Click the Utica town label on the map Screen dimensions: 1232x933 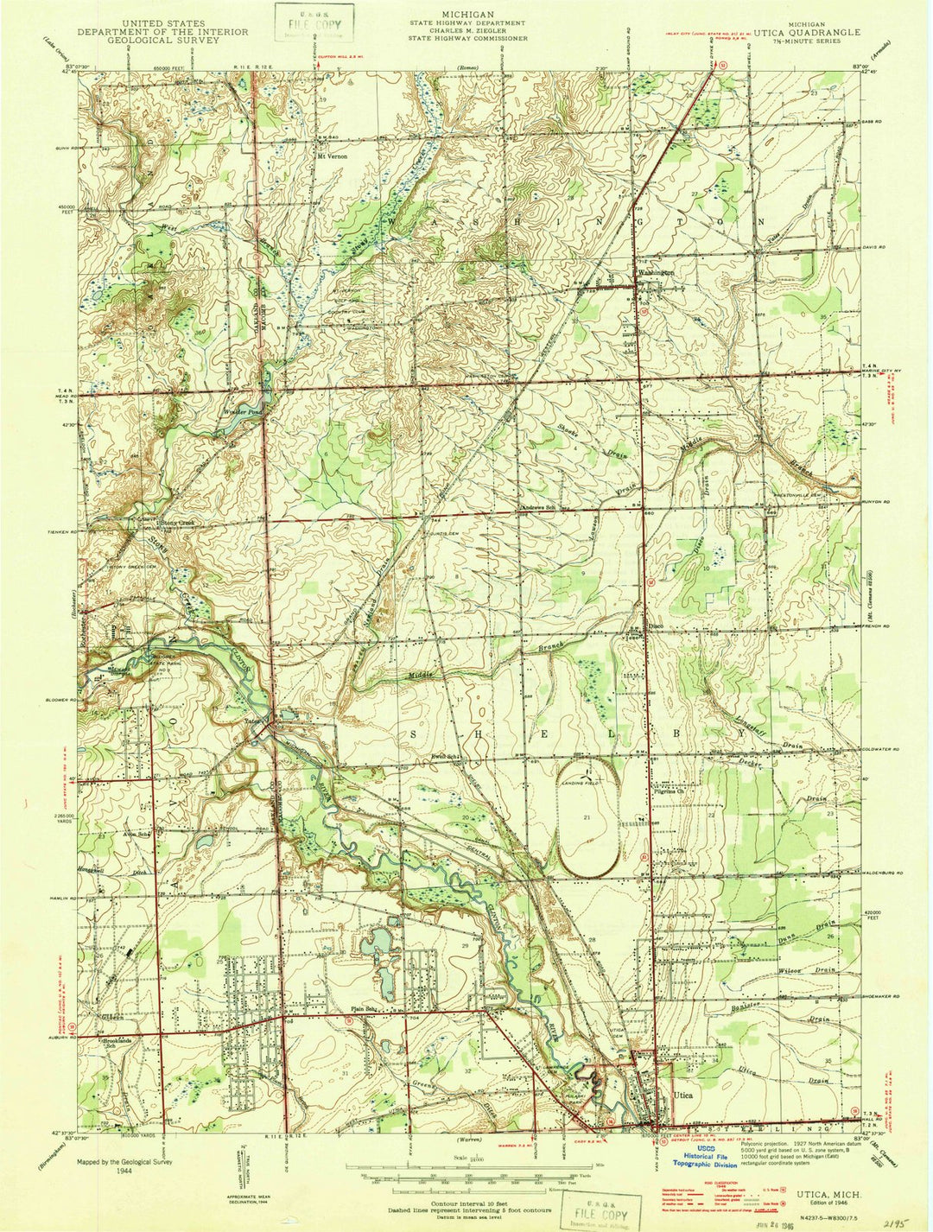[x=682, y=1095]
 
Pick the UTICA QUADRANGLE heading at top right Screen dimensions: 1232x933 [x=807, y=32]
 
